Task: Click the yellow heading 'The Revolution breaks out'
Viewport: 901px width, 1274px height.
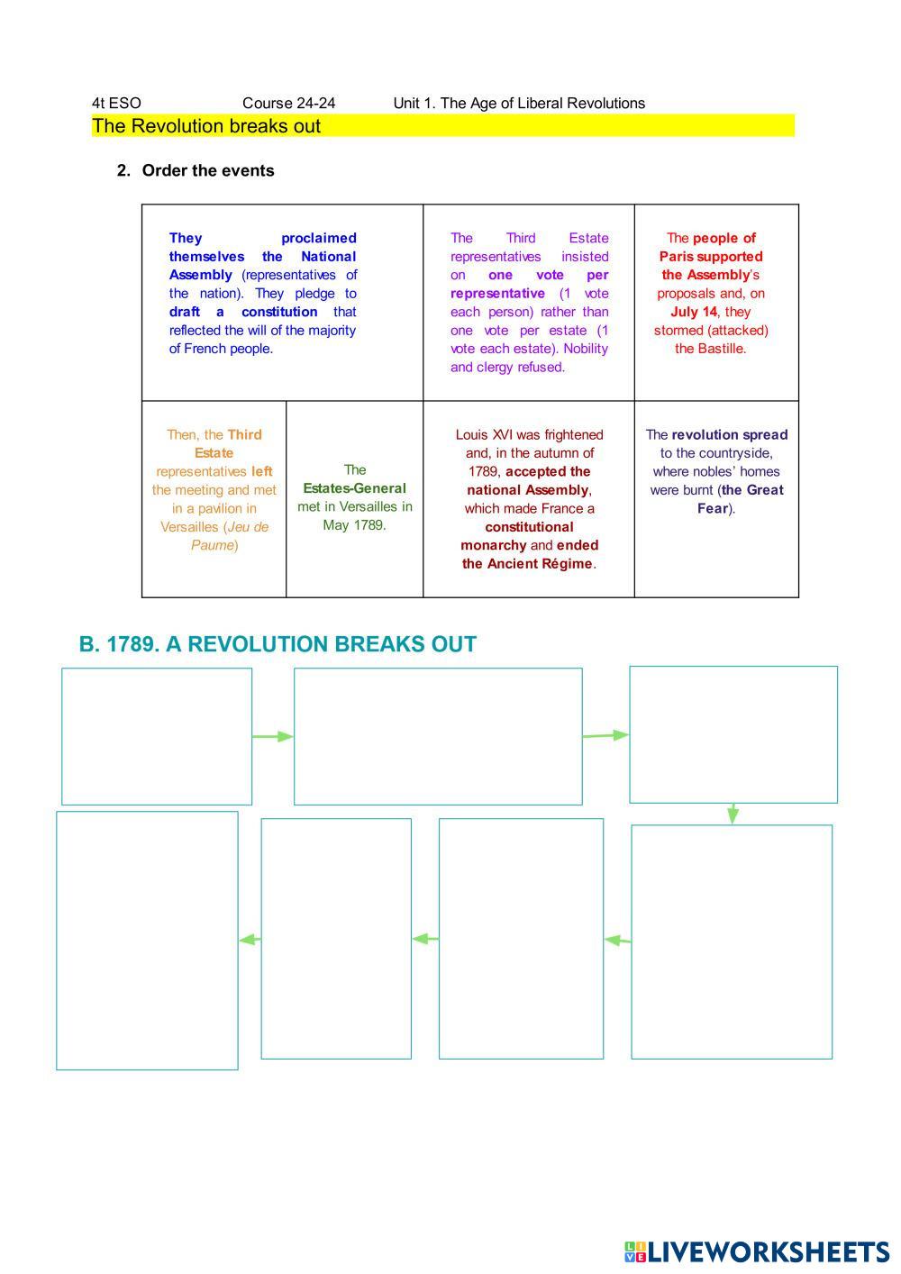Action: point(206,126)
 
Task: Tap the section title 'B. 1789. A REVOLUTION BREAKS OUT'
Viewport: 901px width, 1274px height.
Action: point(278,644)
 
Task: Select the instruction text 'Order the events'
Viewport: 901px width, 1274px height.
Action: point(208,170)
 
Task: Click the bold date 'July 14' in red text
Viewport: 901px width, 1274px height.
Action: point(694,312)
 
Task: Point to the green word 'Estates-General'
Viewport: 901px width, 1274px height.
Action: point(354,488)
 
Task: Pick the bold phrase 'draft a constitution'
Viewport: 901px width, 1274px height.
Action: point(243,312)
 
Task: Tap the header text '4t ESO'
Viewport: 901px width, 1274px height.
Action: point(116,103)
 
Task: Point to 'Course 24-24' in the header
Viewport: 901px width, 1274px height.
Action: point(288,103)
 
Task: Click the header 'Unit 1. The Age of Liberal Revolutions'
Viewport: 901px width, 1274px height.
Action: point(519,103)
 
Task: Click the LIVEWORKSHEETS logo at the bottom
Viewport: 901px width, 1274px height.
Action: point(756,1251)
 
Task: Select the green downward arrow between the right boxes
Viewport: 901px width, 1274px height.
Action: point(733,813)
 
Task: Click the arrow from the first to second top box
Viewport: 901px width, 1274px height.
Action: point(273,736)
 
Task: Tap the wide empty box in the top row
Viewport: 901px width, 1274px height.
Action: point(438,736)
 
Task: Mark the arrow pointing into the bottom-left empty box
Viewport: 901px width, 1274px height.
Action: point(250,940)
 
